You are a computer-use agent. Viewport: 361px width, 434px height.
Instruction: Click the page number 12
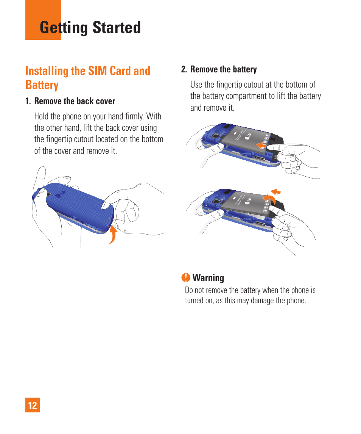[x=33, y=406]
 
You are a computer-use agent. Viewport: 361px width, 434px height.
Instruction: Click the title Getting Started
[x=90, y=28]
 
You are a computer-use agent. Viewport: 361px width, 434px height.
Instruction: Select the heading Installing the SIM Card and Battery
[x=88, y=78]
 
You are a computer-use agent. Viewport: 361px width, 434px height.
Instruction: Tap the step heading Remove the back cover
[x=75, y=101]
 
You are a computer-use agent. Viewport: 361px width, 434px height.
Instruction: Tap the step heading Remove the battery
[x=223, y=69]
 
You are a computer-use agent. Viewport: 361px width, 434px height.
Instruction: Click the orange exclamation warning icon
[x=186, y=278]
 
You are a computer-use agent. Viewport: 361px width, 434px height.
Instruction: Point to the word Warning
[x=208, y=278]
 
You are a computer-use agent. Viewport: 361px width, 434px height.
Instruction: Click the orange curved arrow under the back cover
[x=113, y=233]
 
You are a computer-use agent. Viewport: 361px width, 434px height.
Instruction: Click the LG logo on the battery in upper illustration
[x=249, y=136]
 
